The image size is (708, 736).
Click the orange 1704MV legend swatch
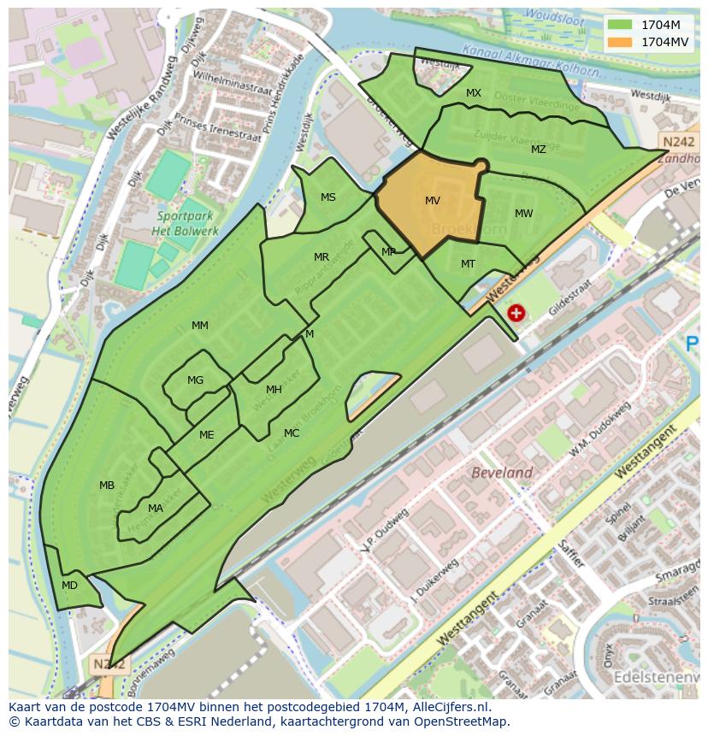[x=621, y=41]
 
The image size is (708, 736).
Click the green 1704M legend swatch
[x=621, y=25]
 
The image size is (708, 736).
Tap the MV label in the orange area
[x=433, y=201]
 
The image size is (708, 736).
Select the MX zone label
[x=474, y=93]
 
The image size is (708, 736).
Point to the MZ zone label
[x=538, y=150]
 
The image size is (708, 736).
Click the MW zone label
[x=524, y=214]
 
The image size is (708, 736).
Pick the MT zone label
[x=468, y=264]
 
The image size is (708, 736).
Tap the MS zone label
[x=328, y=197]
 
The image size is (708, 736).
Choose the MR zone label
[x=322, y=257]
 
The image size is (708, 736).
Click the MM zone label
[x=200, y=326]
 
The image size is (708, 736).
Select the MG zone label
[x=196, y=380]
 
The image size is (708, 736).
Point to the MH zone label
[x=274, y=390]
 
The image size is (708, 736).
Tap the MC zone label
[x=292, y=433]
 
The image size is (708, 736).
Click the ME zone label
[x=207, y=435]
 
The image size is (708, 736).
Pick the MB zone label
[x=107, y=486]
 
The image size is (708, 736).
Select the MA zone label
[x=156, y=509]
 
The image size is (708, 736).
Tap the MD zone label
[x=70, y=586]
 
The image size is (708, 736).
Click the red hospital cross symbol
[x=516, y=314]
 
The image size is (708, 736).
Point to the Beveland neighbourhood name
[x=502, y=473]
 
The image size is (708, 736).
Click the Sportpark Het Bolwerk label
[x=185, y=223]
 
